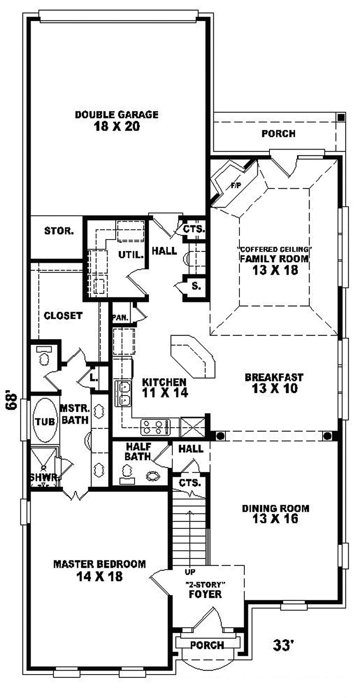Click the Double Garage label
(x=117, y=114)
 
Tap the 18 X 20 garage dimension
(x=117, y=127)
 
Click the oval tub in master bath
(x=45, y=422)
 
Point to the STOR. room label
(x=59, y=231)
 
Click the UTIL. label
(x=131, y=254)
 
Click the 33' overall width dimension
(x=283, y=645)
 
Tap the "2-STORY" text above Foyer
(x=205, y=584)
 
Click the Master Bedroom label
(x=99, y=564)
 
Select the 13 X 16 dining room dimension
(x=275, y=519)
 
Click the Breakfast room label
(x=274, y=377)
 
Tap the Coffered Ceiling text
(x=274, y=249)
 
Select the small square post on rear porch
(x=341, y=117)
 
